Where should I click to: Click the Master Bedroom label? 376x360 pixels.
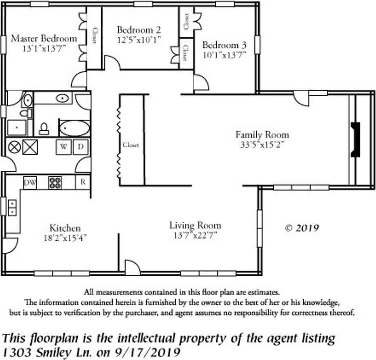(x=44, y=39)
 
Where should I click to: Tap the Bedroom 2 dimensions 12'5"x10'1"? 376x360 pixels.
(x=139, y=40)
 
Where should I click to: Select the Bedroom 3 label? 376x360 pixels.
(x=224, y=45)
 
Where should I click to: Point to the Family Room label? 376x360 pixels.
(x=262, y=135)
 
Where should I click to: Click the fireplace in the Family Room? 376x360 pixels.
(x=355, y=140)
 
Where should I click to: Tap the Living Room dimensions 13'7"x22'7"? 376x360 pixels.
(x=195, y=236)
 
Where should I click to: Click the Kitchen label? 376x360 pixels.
(x=65, y=228)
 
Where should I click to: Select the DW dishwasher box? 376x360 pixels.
(x=30, y=182)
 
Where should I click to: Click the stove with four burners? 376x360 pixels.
(x=55, y=182)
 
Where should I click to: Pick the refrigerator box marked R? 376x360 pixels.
(x=82, y=182)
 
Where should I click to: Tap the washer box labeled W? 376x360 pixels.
(x=64, y=147)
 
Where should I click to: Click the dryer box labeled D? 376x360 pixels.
(x=80, y=147)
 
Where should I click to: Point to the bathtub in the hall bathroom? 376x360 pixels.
(x=74, y=129)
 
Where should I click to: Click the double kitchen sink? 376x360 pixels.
(x=12, y=208)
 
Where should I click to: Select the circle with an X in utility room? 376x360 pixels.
(x=15, y=147)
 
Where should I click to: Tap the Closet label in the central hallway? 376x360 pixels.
(x=131, y=145)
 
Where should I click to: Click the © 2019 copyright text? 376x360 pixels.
(x=302, y=228)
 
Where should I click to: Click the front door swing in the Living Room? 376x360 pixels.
(x=131, y=267)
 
